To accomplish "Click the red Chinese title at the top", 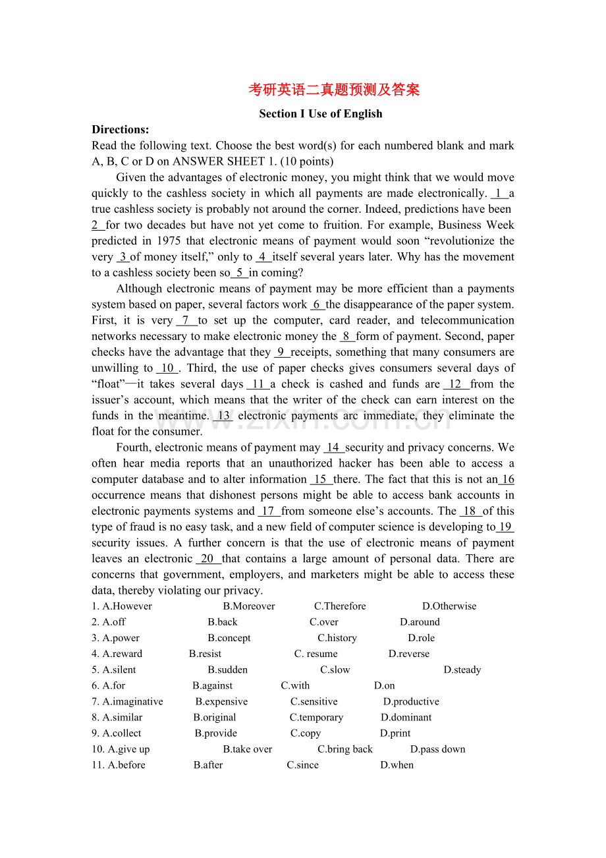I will [x=334, y=90].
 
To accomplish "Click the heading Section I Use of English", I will [x=321, y=113].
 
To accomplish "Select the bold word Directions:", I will [x=121, y=129].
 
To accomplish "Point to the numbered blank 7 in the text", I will [x=186, y=320].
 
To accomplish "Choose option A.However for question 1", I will [x=127, y=606].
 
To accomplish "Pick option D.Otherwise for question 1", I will [x=449, y=606].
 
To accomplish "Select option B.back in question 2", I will [x=223, y=622].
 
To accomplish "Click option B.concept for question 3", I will [x=229, y=638].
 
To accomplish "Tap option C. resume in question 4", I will [x=316, y=654].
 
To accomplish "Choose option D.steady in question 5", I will [x=462, y=670].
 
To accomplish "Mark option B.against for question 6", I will [x=213, y=685].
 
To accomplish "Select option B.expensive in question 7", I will [x=221, y=702].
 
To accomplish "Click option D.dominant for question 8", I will [x=406, y=718].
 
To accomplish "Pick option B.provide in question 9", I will [x=216, y=733].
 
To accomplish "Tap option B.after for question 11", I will [x=208, y=765].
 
